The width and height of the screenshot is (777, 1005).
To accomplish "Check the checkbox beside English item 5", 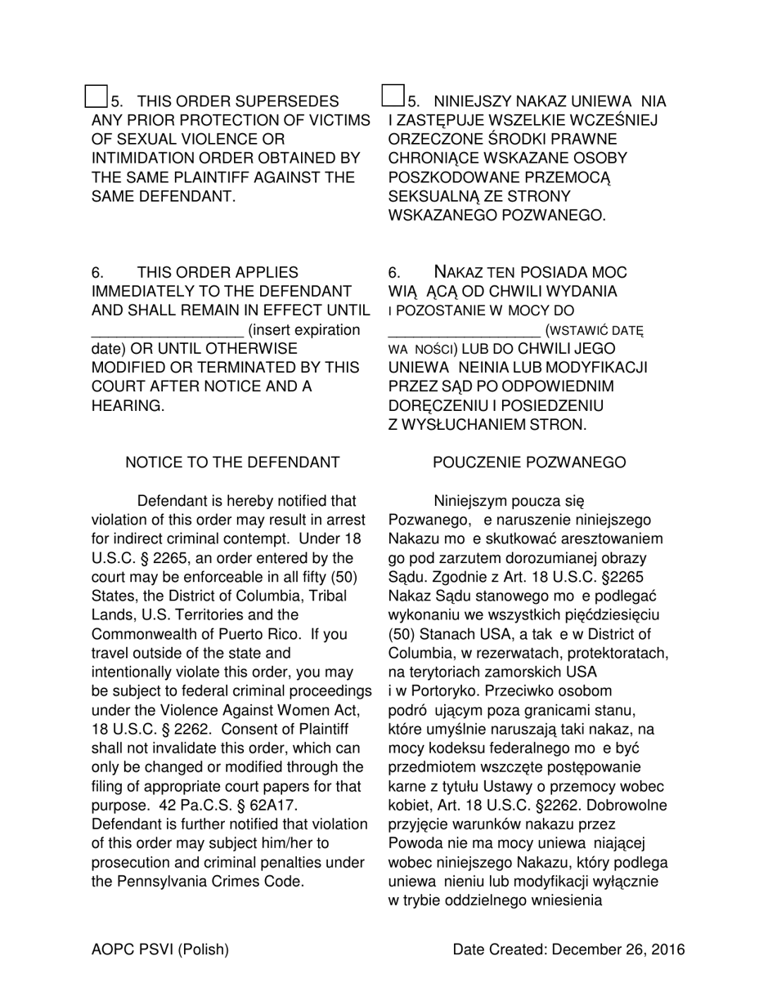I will tap(96, 96).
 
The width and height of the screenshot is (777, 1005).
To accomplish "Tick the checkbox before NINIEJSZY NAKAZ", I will tap(393, 96).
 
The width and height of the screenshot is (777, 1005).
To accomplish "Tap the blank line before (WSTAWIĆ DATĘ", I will tap(463, 330).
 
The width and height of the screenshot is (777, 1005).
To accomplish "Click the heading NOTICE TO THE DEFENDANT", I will tap(232, 463).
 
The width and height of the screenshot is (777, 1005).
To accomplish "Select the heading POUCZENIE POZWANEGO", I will tap(529, 463).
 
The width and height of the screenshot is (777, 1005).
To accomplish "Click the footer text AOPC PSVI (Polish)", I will tap(160, 949).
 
